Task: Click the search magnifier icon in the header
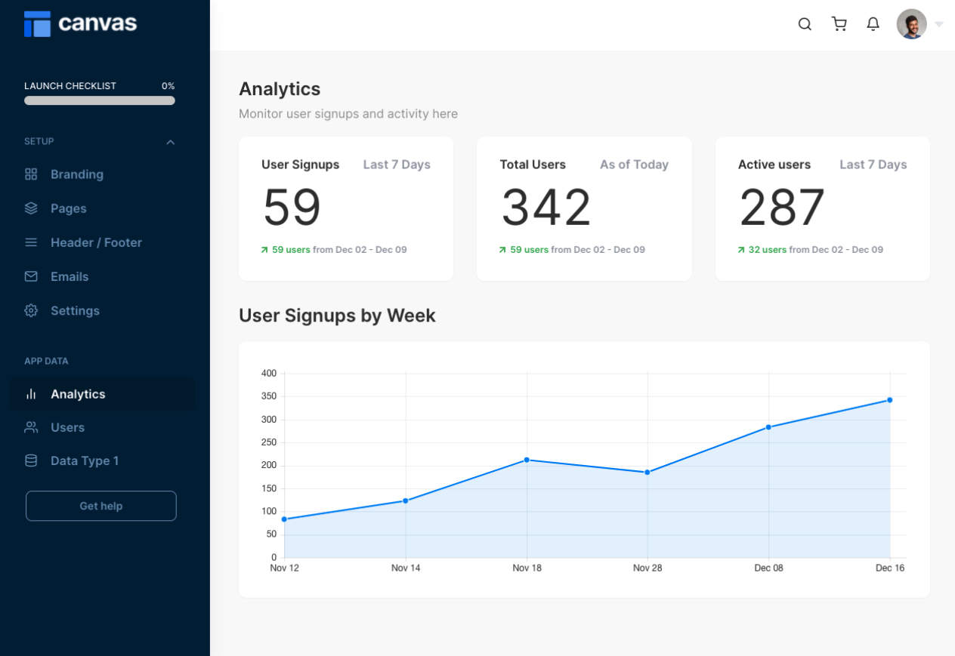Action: pyautogui.click(x=805, y=24)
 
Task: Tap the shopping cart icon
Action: pyautogui.click(x=839, y=24)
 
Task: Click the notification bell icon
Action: pyautogui.click(x=873, y=24)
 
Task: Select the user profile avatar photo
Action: pyautogui.click(x=911, y=24)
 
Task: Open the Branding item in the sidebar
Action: pyautogui.click(x=76, y=174)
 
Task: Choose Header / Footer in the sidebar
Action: pyautogui.click(x=96, y=242)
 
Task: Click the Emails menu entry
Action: pyautogui.click(x=69, y=276)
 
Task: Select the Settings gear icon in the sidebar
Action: pyautogui.click(x=31, y=310)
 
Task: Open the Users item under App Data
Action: pyautogui.click(x=67, y=427)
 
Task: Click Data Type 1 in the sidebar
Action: pyautogui.click(x=84, y=460)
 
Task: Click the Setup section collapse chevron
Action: pyautogui.click(x=170, y=142)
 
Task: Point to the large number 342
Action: pyautogui.click(x=545, y=208)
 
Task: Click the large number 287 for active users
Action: pyautogui.click(x=782, y=208)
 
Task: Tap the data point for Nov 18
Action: pyautogui.click(x=527, y=460)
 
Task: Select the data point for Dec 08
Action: pyautogui.click(x=768, y=427)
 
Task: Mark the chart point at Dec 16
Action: pyautogui.click(x=889, y=400)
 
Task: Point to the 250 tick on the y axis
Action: pyautogui.click(x=268, y=442)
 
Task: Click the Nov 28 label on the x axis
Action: pyautogui.click(x=647, y=568)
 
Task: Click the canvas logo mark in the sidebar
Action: pyautogui.click(x=37, y=24)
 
